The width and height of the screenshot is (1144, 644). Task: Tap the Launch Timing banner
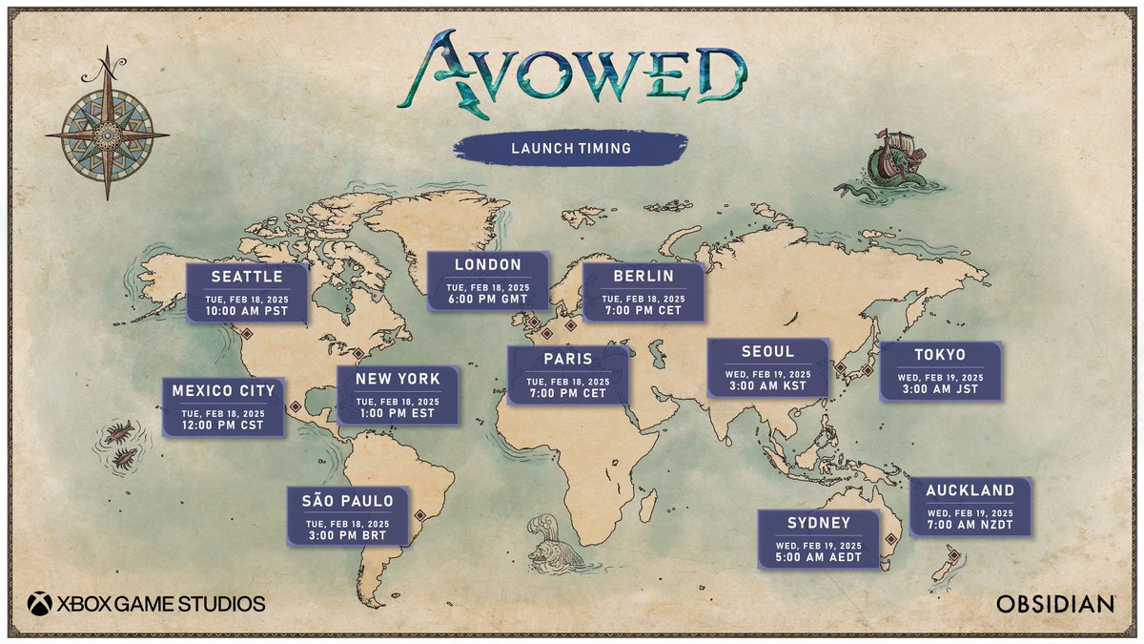coord(570,149)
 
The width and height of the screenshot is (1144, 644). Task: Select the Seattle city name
coord(247,277)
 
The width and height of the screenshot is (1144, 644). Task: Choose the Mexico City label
coord(223,390)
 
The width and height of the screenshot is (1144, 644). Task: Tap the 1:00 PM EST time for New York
coord(398,414)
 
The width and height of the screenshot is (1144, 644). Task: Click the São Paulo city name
coord(340,501)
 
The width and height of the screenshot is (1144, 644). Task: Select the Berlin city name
coord(643,276)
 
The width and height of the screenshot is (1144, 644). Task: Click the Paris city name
coord(567,360)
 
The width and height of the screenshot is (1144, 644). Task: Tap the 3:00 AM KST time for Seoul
coord(767,386)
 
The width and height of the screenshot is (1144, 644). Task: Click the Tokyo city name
coord(940,355)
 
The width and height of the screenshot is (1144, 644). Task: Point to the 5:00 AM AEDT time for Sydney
coord(818,558)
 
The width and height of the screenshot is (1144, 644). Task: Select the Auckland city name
coord(970,490)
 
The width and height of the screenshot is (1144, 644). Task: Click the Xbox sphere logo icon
coord(40,603)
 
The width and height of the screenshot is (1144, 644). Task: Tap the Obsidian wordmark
coord(1055,604)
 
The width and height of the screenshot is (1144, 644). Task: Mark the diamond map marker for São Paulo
coord(419,516)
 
